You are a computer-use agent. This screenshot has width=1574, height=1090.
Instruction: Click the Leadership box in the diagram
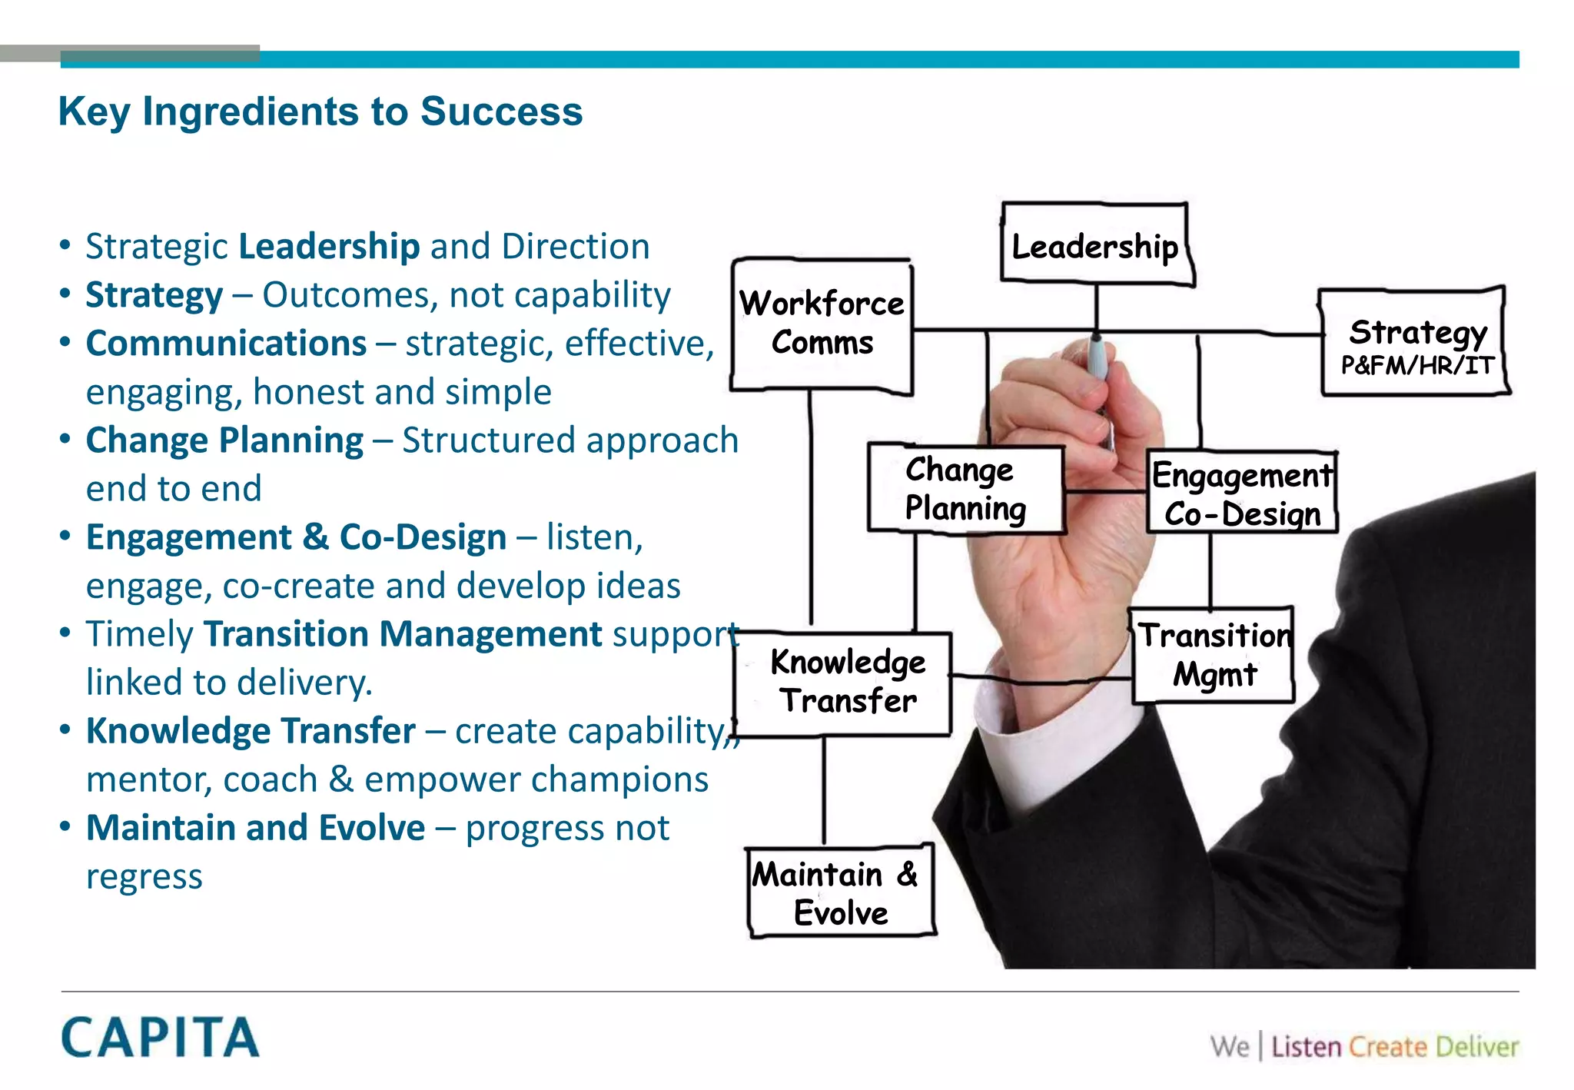pyautogui.click(x=1095, y=246)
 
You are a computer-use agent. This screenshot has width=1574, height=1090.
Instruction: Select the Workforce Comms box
pyautogui.click(x=822, y=324)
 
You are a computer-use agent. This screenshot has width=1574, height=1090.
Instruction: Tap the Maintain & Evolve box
pyautogui.click(x=840, y=892)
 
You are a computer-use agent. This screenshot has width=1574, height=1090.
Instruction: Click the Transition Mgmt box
pyautogui.click(x=1214, y=655)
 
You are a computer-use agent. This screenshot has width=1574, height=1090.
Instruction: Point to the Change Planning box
pyautogui.click(x=965, y=489)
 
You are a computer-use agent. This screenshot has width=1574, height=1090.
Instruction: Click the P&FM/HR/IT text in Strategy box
pyautogui.click(x=1416, y=365)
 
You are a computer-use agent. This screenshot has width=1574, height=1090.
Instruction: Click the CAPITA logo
pyautogui.click(x=160, y=1037)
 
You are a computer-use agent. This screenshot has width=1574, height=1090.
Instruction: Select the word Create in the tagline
pyautogui.click(x=1387, y=1047)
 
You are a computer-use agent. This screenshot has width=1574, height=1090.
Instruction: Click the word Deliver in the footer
pyautogui.click(x=1476, y=1047)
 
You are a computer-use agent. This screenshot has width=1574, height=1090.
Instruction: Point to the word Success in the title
pyautogui.click(x=501, y=111)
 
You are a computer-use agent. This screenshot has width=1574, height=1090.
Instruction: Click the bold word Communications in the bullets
pyautogui.click(x=226, y=344)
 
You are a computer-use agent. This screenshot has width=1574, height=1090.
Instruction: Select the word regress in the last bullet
pyautogui.click(x=144, y=877)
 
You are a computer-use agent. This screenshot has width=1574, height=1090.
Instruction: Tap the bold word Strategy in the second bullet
pyautogui.click(x=154, y=295)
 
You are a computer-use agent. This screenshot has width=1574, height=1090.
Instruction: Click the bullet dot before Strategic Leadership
pyautogui.click(x=65, y=246)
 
